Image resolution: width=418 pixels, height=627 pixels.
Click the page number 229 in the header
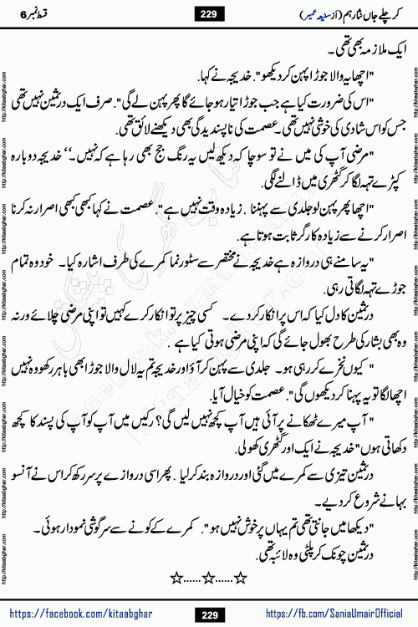208,13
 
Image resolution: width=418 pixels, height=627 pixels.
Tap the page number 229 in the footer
208,614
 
